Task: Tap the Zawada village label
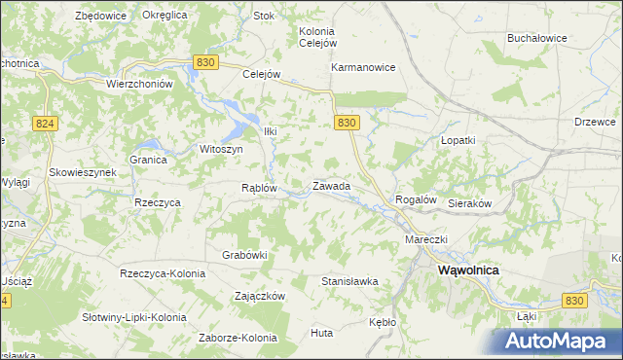[331, 185]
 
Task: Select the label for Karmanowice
[363, 68]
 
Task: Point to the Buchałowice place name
[537, 38]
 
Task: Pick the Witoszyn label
[220, 149]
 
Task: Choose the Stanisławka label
[349, 281]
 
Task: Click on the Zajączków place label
[259, 295]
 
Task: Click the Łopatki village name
[458, 140]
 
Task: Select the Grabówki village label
[244, 255]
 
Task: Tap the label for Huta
[321, 333]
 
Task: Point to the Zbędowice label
[101, 16]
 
